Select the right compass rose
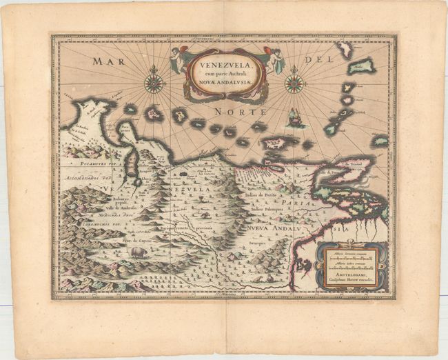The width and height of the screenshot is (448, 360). point(295,83)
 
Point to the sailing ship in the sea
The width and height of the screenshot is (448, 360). point(295,119)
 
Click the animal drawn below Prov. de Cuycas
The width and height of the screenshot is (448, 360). point(136,253)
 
